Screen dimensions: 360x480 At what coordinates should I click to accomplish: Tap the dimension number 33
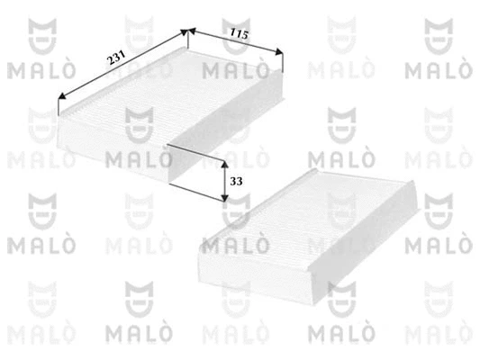(236, 181)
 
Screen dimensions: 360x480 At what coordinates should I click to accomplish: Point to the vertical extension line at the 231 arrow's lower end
(58, 108)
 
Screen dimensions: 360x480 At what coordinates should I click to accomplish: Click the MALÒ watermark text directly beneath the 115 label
(238, 69)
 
